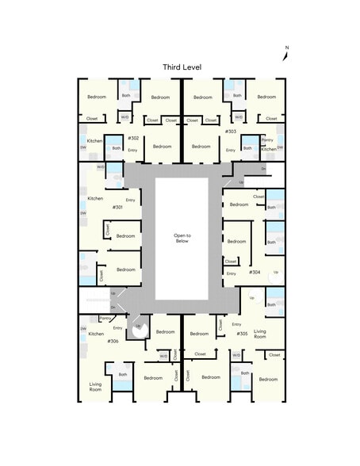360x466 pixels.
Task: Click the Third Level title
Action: coord(182,67)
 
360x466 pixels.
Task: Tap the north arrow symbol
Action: coord(285,54)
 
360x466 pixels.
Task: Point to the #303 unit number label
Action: coord(230,131)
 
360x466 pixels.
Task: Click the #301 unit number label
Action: coord(117,207)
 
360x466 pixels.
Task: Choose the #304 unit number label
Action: coord(255,272)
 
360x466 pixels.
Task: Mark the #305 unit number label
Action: coord(242,334)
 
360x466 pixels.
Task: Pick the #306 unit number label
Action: coord(113,341)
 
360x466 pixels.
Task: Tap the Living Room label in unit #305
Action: coord(259,334)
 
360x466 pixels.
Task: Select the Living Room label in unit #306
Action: coord(95,387)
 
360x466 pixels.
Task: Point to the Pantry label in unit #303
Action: coord(266,139)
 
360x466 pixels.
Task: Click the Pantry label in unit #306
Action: coord(105,318)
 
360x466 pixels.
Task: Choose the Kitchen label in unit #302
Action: coord(95,141)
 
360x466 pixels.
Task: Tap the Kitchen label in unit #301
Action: coord(95,198)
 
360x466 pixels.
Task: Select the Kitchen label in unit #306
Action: coord(96,334)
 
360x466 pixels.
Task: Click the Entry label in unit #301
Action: coord(130,201)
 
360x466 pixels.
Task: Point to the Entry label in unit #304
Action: coord(231,273)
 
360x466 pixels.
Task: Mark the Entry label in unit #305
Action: coord(236,324)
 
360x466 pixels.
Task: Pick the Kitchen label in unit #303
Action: coord(269,149)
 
